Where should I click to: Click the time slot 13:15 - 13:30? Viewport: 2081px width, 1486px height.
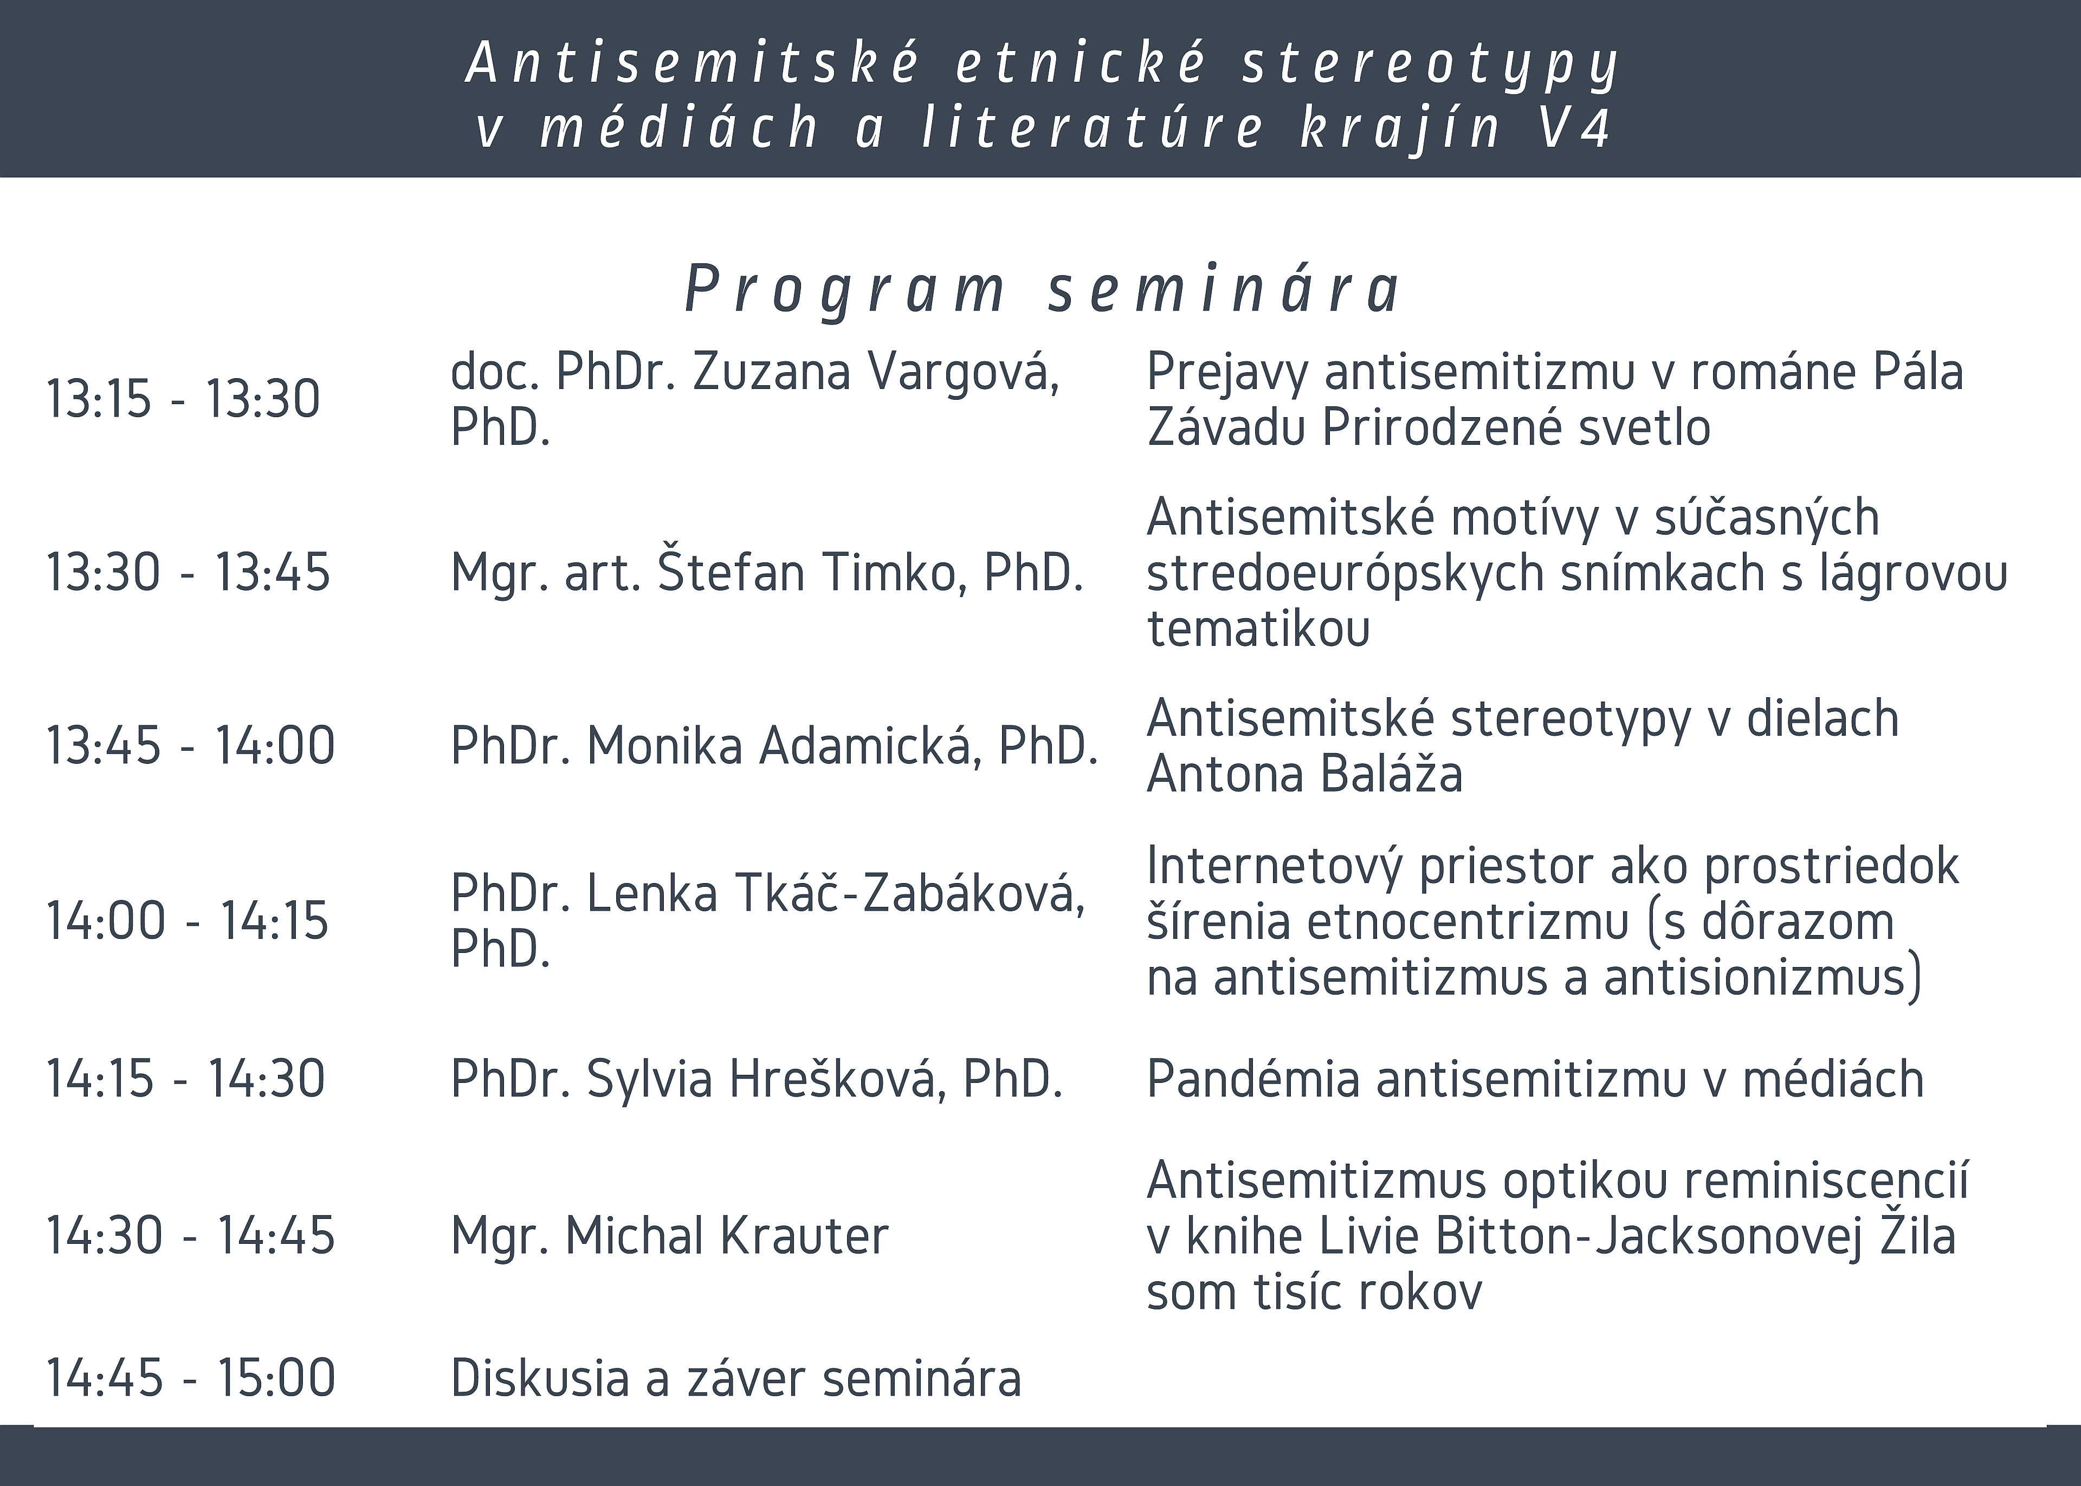coord(183,400)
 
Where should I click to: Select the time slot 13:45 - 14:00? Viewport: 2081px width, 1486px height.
coord(190,746)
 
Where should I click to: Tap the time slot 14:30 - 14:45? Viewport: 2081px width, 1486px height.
coord(190,1236)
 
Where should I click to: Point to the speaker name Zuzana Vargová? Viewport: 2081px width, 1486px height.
coord(876,372)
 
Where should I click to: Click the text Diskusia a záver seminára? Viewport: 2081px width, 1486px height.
coord(736,1379)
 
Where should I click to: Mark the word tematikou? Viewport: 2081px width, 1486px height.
coord(1258,628)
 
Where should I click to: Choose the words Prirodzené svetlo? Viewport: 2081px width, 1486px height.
coord(1516,428)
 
